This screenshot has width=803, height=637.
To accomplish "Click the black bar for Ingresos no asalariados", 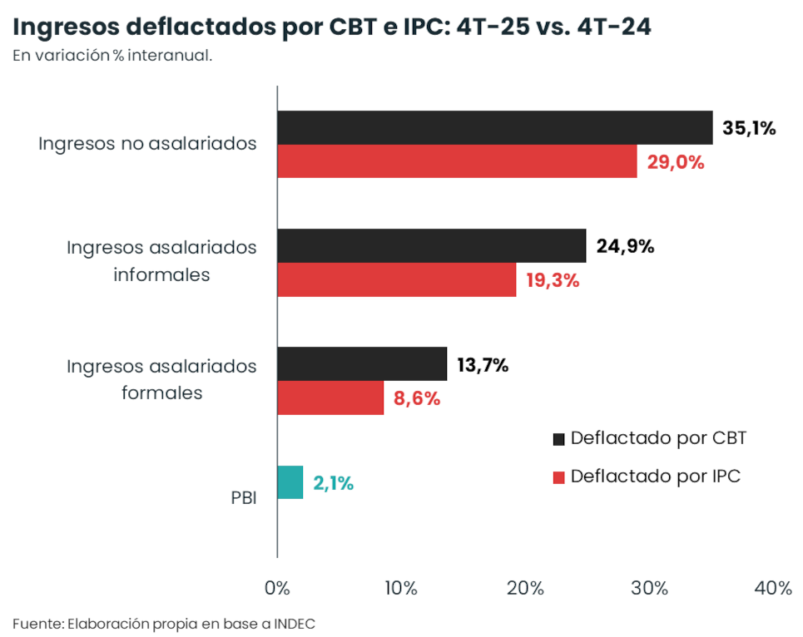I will click(x=494, y=127).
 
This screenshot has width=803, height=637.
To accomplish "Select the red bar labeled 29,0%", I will click(x=457, y=161).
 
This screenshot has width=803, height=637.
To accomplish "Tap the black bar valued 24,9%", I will click(x=431, y=245).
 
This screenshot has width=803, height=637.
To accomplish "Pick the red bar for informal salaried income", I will click(x=396, y=280).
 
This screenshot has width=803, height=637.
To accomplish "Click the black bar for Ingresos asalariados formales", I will click(x=362, y=364).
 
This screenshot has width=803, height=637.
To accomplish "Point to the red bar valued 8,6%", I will click(x=330, y=398).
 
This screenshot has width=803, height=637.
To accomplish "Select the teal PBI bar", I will click(x=290, y=482).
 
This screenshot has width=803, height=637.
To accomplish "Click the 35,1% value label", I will click(x=749, y=128).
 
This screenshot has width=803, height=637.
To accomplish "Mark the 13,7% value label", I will click(x=483, y=364).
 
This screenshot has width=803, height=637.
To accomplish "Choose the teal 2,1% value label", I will click(x=333, y=483).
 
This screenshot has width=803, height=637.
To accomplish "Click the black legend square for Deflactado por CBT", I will click(x=558, y=438).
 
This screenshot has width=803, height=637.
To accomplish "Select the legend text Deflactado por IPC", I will click(x=655, y=477).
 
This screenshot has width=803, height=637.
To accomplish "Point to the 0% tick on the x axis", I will click(x=277, y=588).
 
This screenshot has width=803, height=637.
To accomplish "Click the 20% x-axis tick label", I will click(x=525, y=588).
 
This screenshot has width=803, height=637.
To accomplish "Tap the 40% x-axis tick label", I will click(x=773, y=588).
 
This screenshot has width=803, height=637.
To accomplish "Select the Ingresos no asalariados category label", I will click(x=147, y=143).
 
